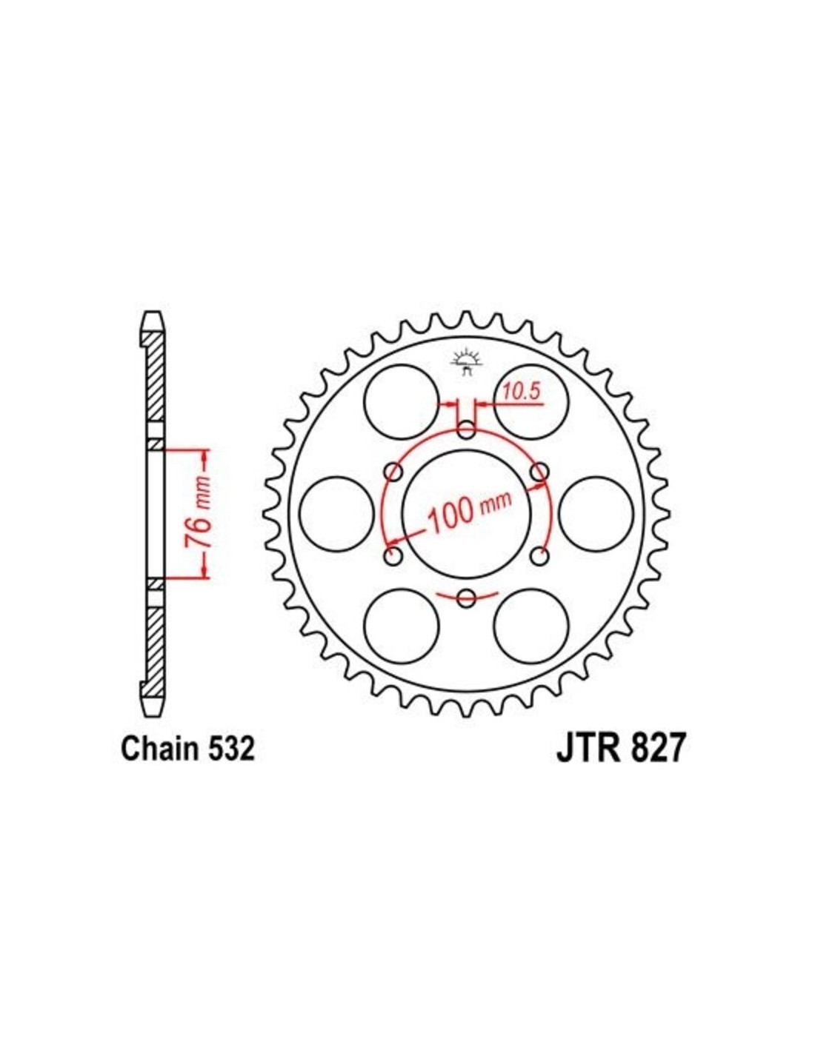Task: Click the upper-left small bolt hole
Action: pos(393,472)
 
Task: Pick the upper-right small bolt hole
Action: pos(539,472)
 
